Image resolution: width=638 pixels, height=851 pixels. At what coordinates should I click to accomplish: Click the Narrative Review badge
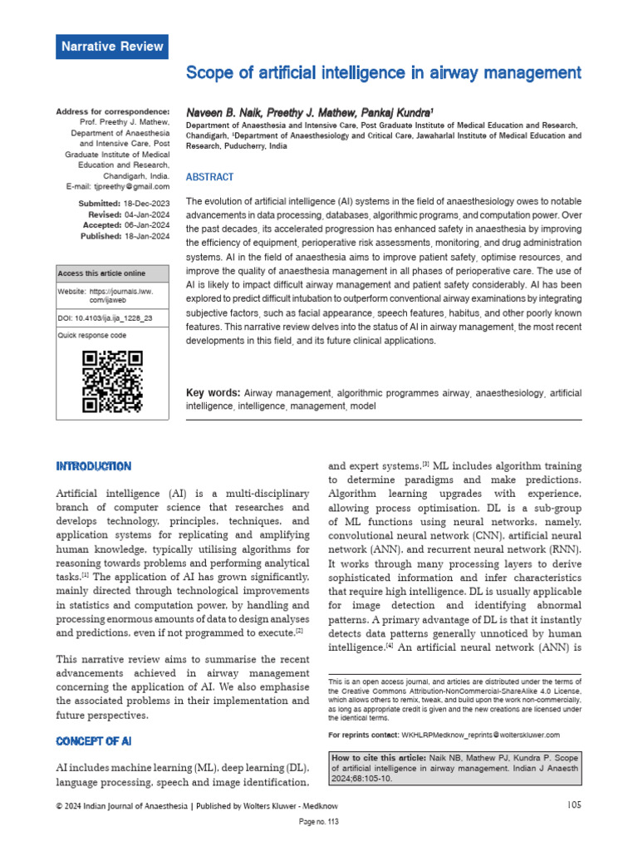pyautogui.click(x=111, y=47)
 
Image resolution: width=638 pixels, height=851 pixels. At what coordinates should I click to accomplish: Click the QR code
pyautogui.click(x=112, y=381)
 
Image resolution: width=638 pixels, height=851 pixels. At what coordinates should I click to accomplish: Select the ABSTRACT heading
pyautogui.click(x=209, y=177)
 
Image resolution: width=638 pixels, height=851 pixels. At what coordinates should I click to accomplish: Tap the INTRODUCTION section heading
pyautogui.click(x=93, y=465)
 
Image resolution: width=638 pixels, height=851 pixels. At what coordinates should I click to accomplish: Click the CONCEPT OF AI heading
pyautogui.click(x=93, y=740)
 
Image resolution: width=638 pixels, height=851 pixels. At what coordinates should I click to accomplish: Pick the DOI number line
pyautogui.click(x=105, y=318)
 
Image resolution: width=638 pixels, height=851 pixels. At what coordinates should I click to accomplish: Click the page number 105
pyautogui.click(x=574, y=804)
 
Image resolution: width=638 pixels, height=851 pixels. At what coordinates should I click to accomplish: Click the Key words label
pyautogui.click(x=213, y=392)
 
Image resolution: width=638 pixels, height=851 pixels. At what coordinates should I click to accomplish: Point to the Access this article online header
pyautogui.click(x=101, y=273)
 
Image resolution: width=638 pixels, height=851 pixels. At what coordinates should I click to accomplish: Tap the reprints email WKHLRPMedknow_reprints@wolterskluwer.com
pyautogui.click(x=481, y=735)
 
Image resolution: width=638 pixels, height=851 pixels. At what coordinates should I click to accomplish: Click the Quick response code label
pyautogui.click(x=92, y=336)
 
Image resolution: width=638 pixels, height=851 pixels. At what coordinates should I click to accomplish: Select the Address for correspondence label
pyautogui.click(x=112, y=111)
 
